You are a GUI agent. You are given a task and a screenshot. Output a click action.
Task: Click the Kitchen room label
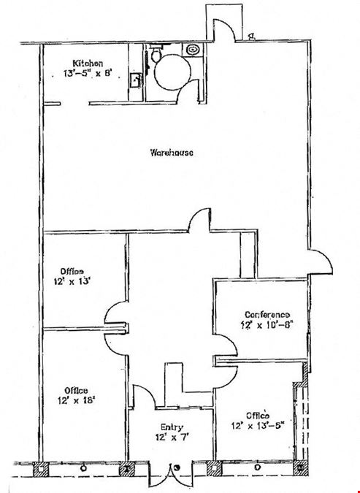coord(88,64)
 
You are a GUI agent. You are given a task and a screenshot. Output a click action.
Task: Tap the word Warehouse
coord(172,153)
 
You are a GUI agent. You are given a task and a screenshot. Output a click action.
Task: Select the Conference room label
coord(267,314)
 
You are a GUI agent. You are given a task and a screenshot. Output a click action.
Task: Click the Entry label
coord(172,427)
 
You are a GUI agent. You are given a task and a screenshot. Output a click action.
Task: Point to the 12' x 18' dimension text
coord(77,400)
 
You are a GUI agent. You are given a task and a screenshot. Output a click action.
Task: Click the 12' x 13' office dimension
coord(72,281)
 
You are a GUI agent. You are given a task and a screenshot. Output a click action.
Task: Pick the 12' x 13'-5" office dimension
coord(258,426)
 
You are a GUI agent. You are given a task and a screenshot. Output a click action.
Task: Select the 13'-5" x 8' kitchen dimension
coord(88,74)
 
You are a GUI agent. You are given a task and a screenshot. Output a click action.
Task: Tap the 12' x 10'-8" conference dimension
coord(267,324)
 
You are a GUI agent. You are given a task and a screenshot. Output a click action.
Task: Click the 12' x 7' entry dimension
coord(172,437)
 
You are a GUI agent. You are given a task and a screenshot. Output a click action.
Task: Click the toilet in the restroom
coord(156,53)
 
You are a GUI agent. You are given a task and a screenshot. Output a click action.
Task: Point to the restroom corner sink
coord(193,50)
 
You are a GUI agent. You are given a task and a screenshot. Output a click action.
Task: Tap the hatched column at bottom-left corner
coord(41,470)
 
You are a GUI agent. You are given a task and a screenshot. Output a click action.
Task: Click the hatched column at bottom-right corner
coord(300,467)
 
